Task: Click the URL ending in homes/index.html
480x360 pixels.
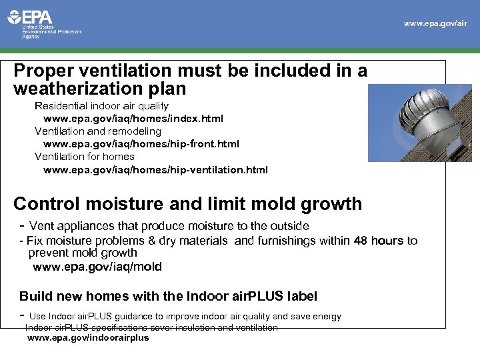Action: (x=133, y=119)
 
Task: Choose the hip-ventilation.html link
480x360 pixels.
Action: (x=155, y=170)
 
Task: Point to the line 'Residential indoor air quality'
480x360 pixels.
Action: (x=101, y=106)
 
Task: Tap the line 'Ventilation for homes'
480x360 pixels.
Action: (x=84, y=157)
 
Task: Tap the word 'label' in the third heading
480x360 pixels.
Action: (x=301, y=295)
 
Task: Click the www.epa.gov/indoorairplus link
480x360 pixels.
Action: (x=87, y=338)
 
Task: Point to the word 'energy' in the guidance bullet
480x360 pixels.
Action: (x=325, y=316)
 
